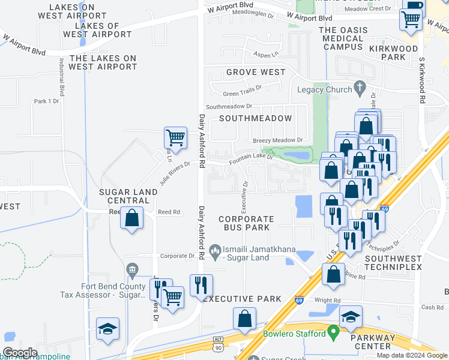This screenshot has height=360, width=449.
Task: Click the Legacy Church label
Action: (x=324, y=90)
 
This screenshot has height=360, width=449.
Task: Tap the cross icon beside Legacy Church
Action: (x=360, y=89)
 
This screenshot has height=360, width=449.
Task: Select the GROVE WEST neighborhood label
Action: (x=256, y=73)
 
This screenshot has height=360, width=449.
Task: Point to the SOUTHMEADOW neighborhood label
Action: (x=255, y=119)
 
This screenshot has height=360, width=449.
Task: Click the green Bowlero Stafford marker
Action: (x=334, y=332)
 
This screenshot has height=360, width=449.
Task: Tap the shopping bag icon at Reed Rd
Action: (x=132, y=219)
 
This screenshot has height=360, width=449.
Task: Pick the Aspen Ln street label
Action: (x=267, y=54)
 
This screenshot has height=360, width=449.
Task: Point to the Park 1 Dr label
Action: (x=47, y=101)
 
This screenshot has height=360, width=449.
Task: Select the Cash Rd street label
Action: (x=432, y=307)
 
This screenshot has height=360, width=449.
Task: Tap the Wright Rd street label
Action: (x=327, y=301)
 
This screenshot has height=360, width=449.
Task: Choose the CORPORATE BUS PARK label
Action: (x=246, y=223)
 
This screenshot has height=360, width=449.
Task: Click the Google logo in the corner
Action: (x=20, y=353)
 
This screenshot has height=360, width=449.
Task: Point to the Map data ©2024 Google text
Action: (x=412, y=355)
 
